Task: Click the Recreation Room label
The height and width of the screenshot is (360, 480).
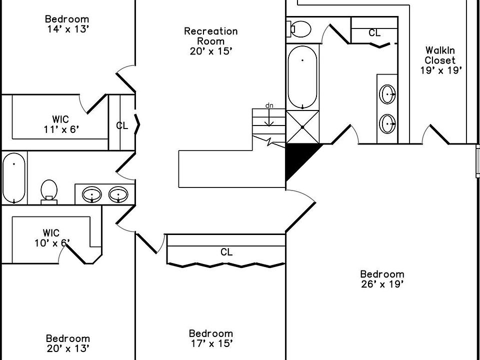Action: pyautogui.click(x=210, y=41)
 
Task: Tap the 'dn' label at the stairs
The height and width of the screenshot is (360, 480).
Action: pyautogui.click(x=269, y=105)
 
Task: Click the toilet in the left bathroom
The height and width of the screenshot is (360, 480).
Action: pyautogui.click(x=48, y=190)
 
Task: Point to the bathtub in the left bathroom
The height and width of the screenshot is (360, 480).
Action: pyautogui.click(x=14, y=178)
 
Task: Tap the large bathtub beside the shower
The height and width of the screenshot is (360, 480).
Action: pyautogui.click(x=302, y=77)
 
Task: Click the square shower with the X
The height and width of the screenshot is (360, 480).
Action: pyautogui.click(x=302, y=127)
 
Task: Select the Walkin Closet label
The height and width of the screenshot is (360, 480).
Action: pyautogui.click(x=440, y=60)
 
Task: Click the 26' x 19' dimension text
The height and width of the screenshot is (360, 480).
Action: pyautogui.click(x=382, y=284)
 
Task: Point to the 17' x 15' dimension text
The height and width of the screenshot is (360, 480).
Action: pyautogui.click(x=210, y=343)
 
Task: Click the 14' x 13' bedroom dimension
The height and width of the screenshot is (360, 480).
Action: pyautogui.click(x=67, y=29)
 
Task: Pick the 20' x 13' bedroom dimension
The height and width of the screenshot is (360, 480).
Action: pyautogui.click(x=67, y=348)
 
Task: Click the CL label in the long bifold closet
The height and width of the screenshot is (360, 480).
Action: pyautogui.click(x=226, y=252)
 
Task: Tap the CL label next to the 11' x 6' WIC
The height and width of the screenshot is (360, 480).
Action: pyautogui.click(x=122, y=125)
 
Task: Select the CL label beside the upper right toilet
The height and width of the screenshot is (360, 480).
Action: pyautogui.click(x=374, y=33)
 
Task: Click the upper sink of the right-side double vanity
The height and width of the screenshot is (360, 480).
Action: pyautogui.click(x=388, y=93)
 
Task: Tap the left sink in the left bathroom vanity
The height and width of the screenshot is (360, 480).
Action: pyautogui.click(x=91, y=193)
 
